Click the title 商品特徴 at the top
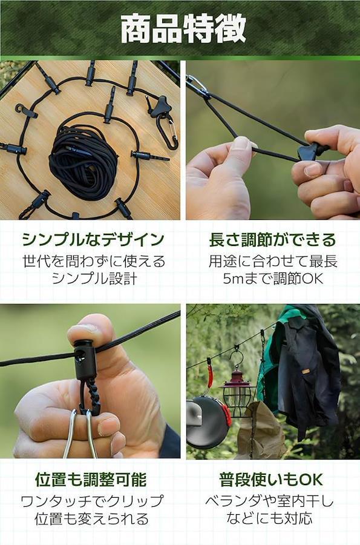point(183,28)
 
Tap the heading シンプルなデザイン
point(93,240)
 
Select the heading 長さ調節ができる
point(272,240)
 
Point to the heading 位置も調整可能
point(91,480)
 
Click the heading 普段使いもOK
point(271,480)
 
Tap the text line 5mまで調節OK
point(273,279)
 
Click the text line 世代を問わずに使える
point(94,262)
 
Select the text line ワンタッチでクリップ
point(92,501)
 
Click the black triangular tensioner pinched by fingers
point(309,152)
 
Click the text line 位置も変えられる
point(91,519)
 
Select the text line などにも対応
point(269,519)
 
